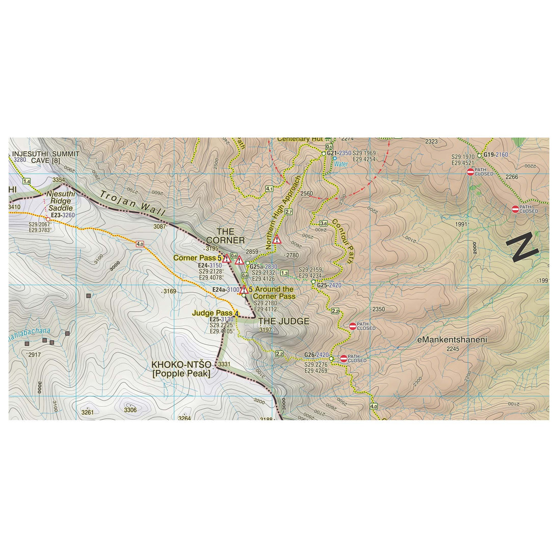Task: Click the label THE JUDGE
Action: pyautogui.click(x=284, y=321)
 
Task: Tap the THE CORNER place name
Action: pyautogui.click(x=225, y=236)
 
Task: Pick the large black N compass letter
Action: pyautogui.click(x=522, y=247)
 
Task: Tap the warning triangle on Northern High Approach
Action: pyautogui.click(x=277, y=239)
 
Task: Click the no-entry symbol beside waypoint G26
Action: pyautogui.click(x=343, y=358)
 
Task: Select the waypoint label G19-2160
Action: pyautogui.click(x=495, y=155)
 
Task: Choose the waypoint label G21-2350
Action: pyautogui.click(x=339, y=153)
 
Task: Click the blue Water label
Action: pyautogui.click(x=341, y=164)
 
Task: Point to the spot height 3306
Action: pyautogui.click(x=131, y=410)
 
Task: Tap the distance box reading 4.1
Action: pyautogui.click(x=269, y=188)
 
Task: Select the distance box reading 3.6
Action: pyautogui.click(x=324, y=223)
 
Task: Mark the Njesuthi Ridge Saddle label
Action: pyautogui.click(x=60, y=201)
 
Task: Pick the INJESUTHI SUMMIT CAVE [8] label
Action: pyautogui.click(x=46, y=157)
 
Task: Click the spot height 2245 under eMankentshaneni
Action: pyautogui.click(x=453, y=349)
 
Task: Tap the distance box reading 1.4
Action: pyautogui.click(x=27, y=182)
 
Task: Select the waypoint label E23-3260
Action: pyautogui.click(x=63, y=215)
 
